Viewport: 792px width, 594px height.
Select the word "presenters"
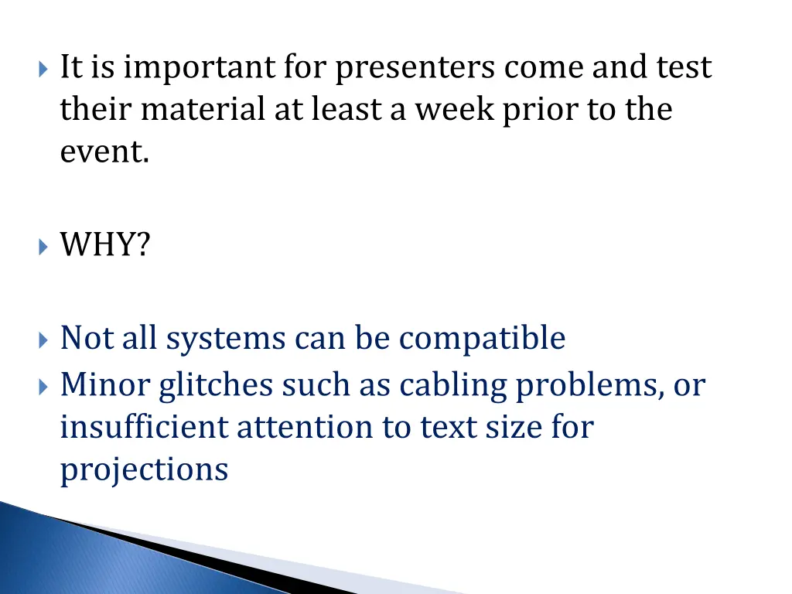tap(416, 69)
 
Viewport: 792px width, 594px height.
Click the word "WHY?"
tap(106, 247)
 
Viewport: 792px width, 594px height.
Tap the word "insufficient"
tap(145, 427)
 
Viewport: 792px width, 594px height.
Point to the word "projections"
tap(145, 469)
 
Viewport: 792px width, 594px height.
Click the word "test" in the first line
tap(684, 69)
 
